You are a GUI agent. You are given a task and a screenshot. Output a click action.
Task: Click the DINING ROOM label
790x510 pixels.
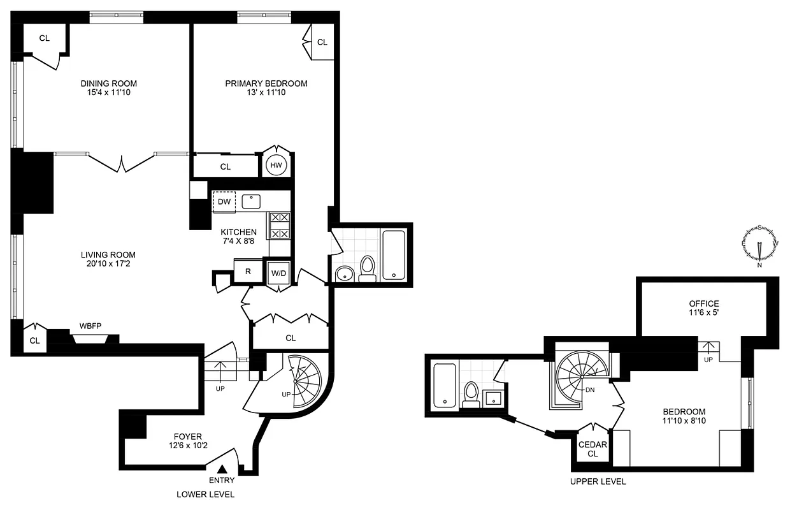pyautogui.click(x=108, y=84)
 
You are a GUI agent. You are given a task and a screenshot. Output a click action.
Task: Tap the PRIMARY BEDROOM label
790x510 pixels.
pyautogui.click(x=266, y=84)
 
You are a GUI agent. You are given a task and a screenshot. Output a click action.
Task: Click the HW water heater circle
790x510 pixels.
pyautogui.click(x=276, y=166)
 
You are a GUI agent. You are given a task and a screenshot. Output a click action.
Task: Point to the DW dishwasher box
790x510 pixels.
pyautogui.click(x=224, y=202)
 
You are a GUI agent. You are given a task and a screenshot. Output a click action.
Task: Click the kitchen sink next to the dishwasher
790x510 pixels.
pyautogui.click(x=253, y=201)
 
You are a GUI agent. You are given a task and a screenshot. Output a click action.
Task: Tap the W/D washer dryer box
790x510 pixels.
pyautogui.click(x=278, y=273)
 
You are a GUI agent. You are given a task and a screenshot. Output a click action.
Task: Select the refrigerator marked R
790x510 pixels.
pyautogui.click(x=247, y=270)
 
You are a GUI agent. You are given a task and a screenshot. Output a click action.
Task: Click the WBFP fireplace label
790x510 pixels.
pyautogui.click(x=90, y=325)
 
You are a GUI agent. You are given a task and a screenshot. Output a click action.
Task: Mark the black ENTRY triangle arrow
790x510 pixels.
pyautogui.click(x=222, y=469)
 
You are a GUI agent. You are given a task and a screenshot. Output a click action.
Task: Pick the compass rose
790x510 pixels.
pyautogui.click(x=759, y=245)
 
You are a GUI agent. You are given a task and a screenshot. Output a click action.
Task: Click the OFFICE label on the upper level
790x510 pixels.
pyautogui.click(x=703, y=304)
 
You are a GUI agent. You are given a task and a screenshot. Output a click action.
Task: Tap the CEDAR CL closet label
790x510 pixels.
pyautogui.click(x=592, y=449)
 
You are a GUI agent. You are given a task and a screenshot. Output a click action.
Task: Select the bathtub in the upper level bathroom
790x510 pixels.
pyautogui.click(x=444, y=384)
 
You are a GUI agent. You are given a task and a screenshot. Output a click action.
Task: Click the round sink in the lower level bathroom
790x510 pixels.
pyautogui.click(x=344, y=274)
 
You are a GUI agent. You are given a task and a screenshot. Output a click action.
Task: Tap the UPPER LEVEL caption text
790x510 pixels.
pyautogui.click(x=598, y=482)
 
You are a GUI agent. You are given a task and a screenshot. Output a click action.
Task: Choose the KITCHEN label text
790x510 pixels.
pyautogui.click(x=238, y=232)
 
